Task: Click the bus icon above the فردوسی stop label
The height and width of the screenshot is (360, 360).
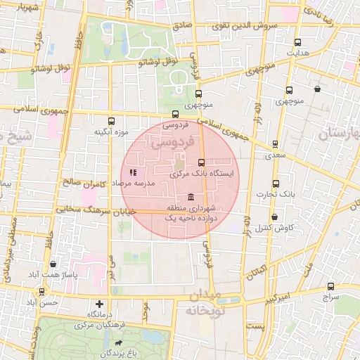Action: click(x=175, y=114)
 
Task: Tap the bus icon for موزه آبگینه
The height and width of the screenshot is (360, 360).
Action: click(x=111, y=121)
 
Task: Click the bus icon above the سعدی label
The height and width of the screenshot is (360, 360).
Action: click(x=275, y=143)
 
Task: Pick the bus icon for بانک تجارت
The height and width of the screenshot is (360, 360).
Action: click(x=275, y=184)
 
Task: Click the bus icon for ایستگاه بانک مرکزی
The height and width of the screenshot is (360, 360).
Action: click(x=202, y=162)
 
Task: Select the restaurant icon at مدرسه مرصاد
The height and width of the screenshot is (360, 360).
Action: click(x=133, y=172)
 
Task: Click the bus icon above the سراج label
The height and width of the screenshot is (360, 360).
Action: click(x=330, y=286)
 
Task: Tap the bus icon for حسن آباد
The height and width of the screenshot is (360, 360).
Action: click(x=41, y=291)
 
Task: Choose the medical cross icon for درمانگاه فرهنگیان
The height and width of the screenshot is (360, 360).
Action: click(x=99, y=304)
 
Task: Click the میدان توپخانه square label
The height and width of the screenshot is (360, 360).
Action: click(x=203, y=301)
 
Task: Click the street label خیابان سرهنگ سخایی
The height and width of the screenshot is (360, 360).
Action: click(x=77, y=209)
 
